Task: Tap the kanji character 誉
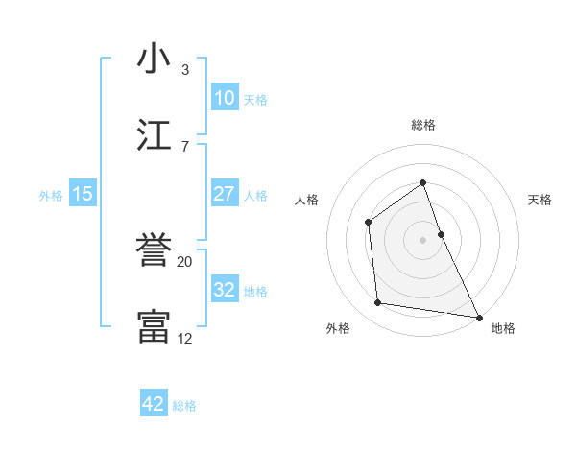155,251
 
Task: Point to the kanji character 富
155,327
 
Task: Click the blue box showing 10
225,98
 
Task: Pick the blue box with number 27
225,194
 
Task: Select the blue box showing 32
225,290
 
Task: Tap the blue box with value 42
154,404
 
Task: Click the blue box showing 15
83,194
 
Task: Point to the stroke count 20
185,261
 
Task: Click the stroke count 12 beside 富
185,338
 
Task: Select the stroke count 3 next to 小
185,69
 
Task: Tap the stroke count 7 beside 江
185,146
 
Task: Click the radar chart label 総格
422,125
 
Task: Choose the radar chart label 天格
540,200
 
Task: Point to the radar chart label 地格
503,328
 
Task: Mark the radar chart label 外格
338,328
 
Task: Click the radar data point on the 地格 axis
478,317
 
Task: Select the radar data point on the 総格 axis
422,182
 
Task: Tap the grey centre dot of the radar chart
422,240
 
